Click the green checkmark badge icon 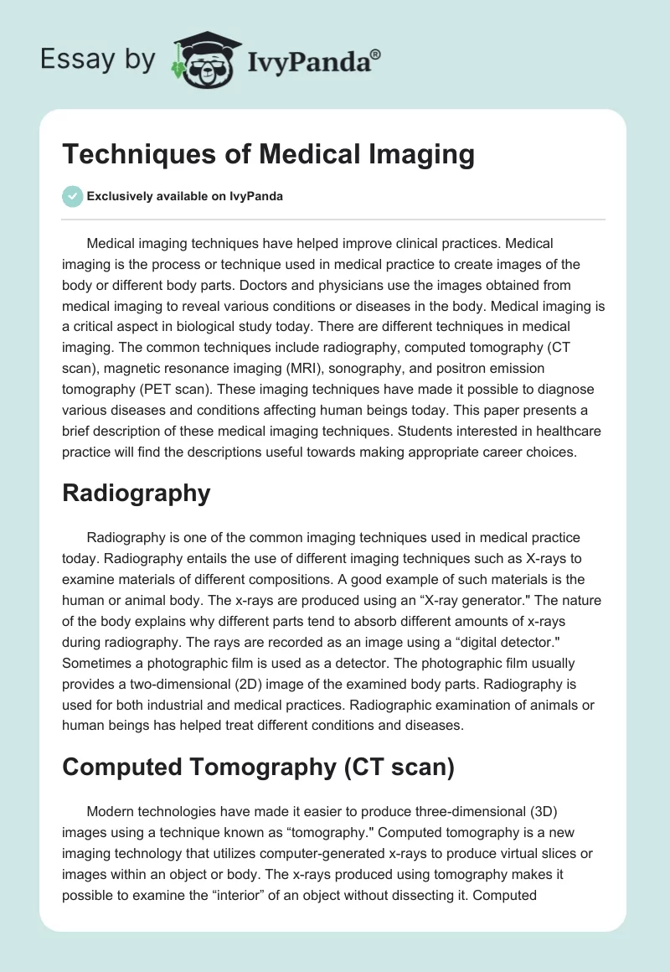click(72, 196)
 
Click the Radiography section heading click(136, 493)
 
